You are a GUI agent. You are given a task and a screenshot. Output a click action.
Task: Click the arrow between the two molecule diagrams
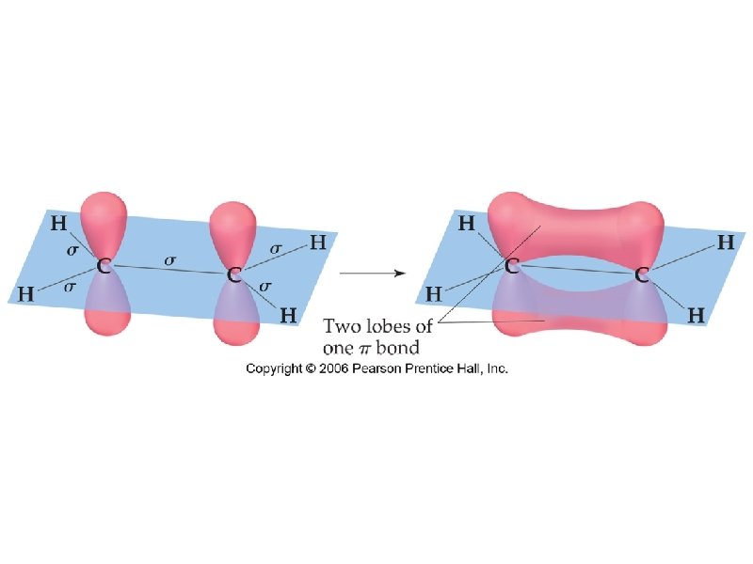(372, 274)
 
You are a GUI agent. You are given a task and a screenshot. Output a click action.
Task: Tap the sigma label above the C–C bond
(170, 260)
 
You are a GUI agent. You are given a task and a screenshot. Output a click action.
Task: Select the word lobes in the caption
(393, 327)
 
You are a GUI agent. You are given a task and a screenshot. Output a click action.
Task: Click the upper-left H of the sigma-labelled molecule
(58, 224)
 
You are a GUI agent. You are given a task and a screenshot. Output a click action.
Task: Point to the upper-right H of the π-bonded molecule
(727, 243)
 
